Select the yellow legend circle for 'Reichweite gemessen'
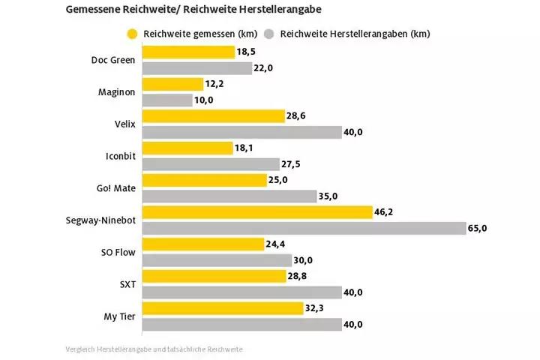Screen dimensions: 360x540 tap(133, 34)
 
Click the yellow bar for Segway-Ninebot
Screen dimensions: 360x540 tap(256, 212)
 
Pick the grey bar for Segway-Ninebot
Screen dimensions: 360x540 tap(303, 228)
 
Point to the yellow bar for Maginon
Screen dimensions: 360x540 tap(172, 84)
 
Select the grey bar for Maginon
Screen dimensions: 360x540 tap(166, 100)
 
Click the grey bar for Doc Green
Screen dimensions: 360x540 tap(196, 67)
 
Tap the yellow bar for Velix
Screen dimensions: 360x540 tap(213, 116)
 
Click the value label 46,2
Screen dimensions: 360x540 tap(383, 212)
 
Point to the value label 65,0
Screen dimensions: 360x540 tap(478, 228)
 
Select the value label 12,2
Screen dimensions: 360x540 tap(215, 84)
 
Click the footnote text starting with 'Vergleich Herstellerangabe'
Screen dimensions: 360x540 tap(154, 349)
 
